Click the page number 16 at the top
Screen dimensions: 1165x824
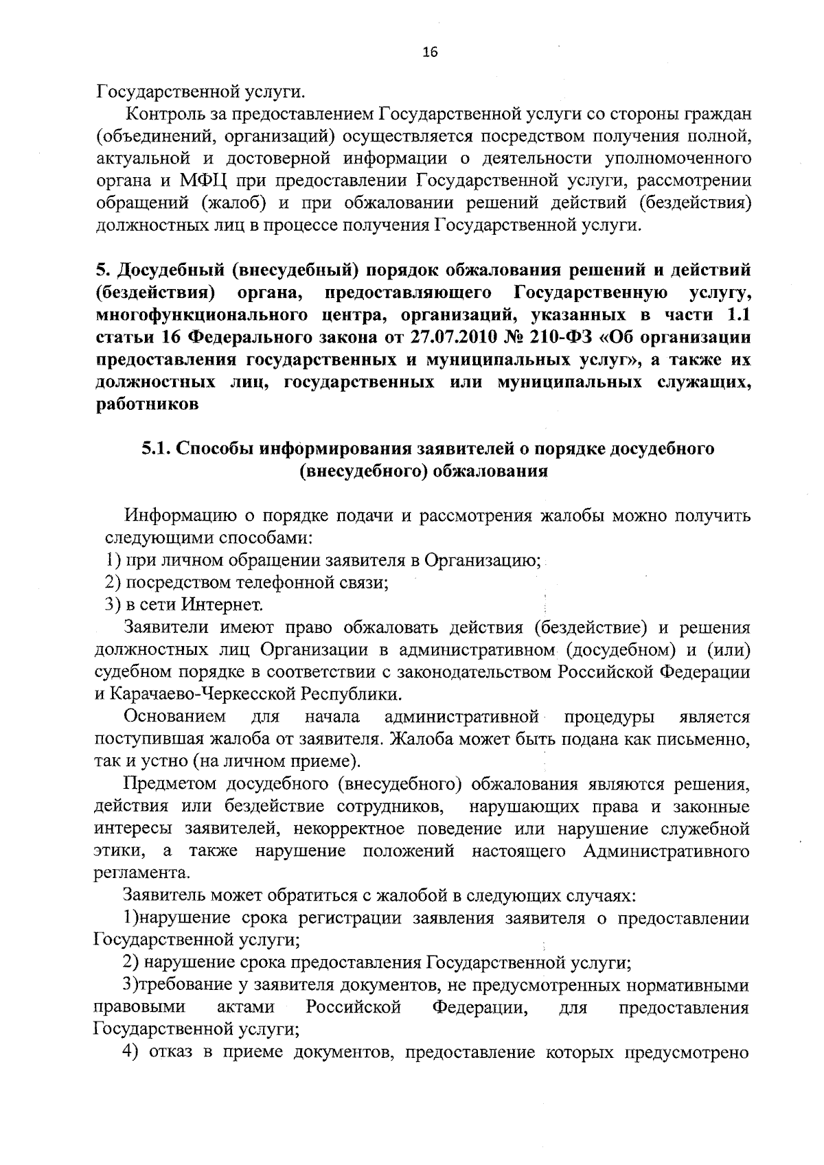click(431, 53)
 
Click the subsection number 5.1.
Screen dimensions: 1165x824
click(157, 449)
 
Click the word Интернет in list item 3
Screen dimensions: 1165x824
click(222, 605)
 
